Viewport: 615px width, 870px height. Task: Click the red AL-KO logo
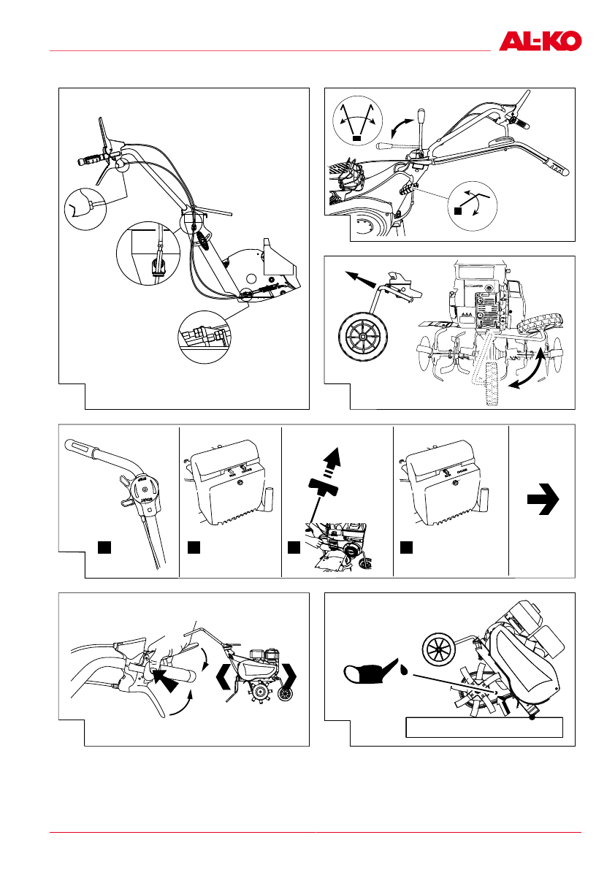[540, 41]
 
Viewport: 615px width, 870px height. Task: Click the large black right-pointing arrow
[543, 500]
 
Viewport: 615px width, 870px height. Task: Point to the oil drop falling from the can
[403, 668]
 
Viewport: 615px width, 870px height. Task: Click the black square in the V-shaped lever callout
[357, 137]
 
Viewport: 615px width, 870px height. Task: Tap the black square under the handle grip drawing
[105, 546]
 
